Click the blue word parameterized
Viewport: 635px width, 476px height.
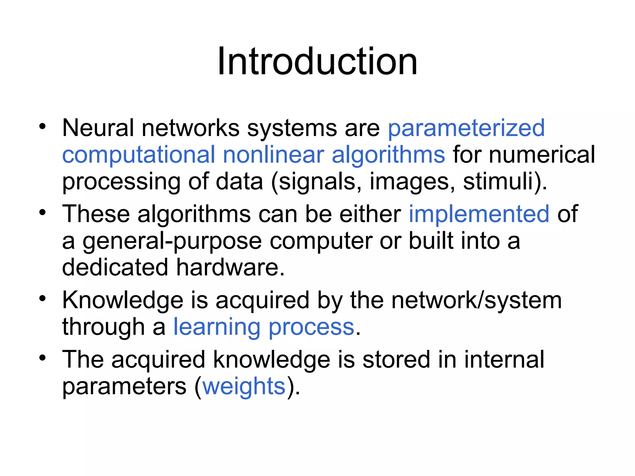point(466,128)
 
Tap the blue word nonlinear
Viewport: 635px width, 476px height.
point(273,155)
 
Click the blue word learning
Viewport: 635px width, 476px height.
point(216,327)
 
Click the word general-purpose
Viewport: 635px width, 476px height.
point(172,241)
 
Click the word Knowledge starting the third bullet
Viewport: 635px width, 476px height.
point(123,301)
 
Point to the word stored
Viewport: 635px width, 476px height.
point(396,359)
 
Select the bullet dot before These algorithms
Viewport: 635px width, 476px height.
point(42,213)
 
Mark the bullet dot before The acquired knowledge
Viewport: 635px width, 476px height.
point(42,358)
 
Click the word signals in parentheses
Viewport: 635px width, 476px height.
point(319,182)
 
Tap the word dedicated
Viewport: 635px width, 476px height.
point(115,267)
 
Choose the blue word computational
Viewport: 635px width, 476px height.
point(139,155)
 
